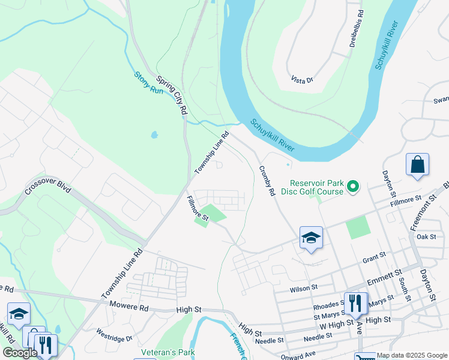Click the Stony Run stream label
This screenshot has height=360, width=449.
pyautogui.click(x=148, y=82)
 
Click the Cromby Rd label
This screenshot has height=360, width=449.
pyautogui.click(x=267, y=181)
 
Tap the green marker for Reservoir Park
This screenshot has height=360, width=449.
pyautogui.click(x=354, y=188)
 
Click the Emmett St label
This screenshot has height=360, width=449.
pyautogui.click(x=385, y=277)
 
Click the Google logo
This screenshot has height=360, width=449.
pyautogui.click(x=20, y=353)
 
